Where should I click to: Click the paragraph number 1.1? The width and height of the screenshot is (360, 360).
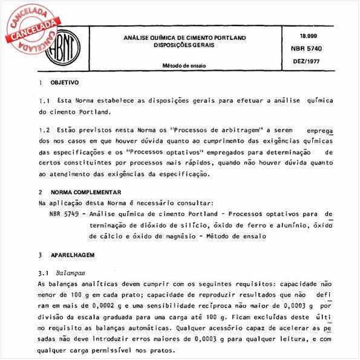[43, 99]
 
